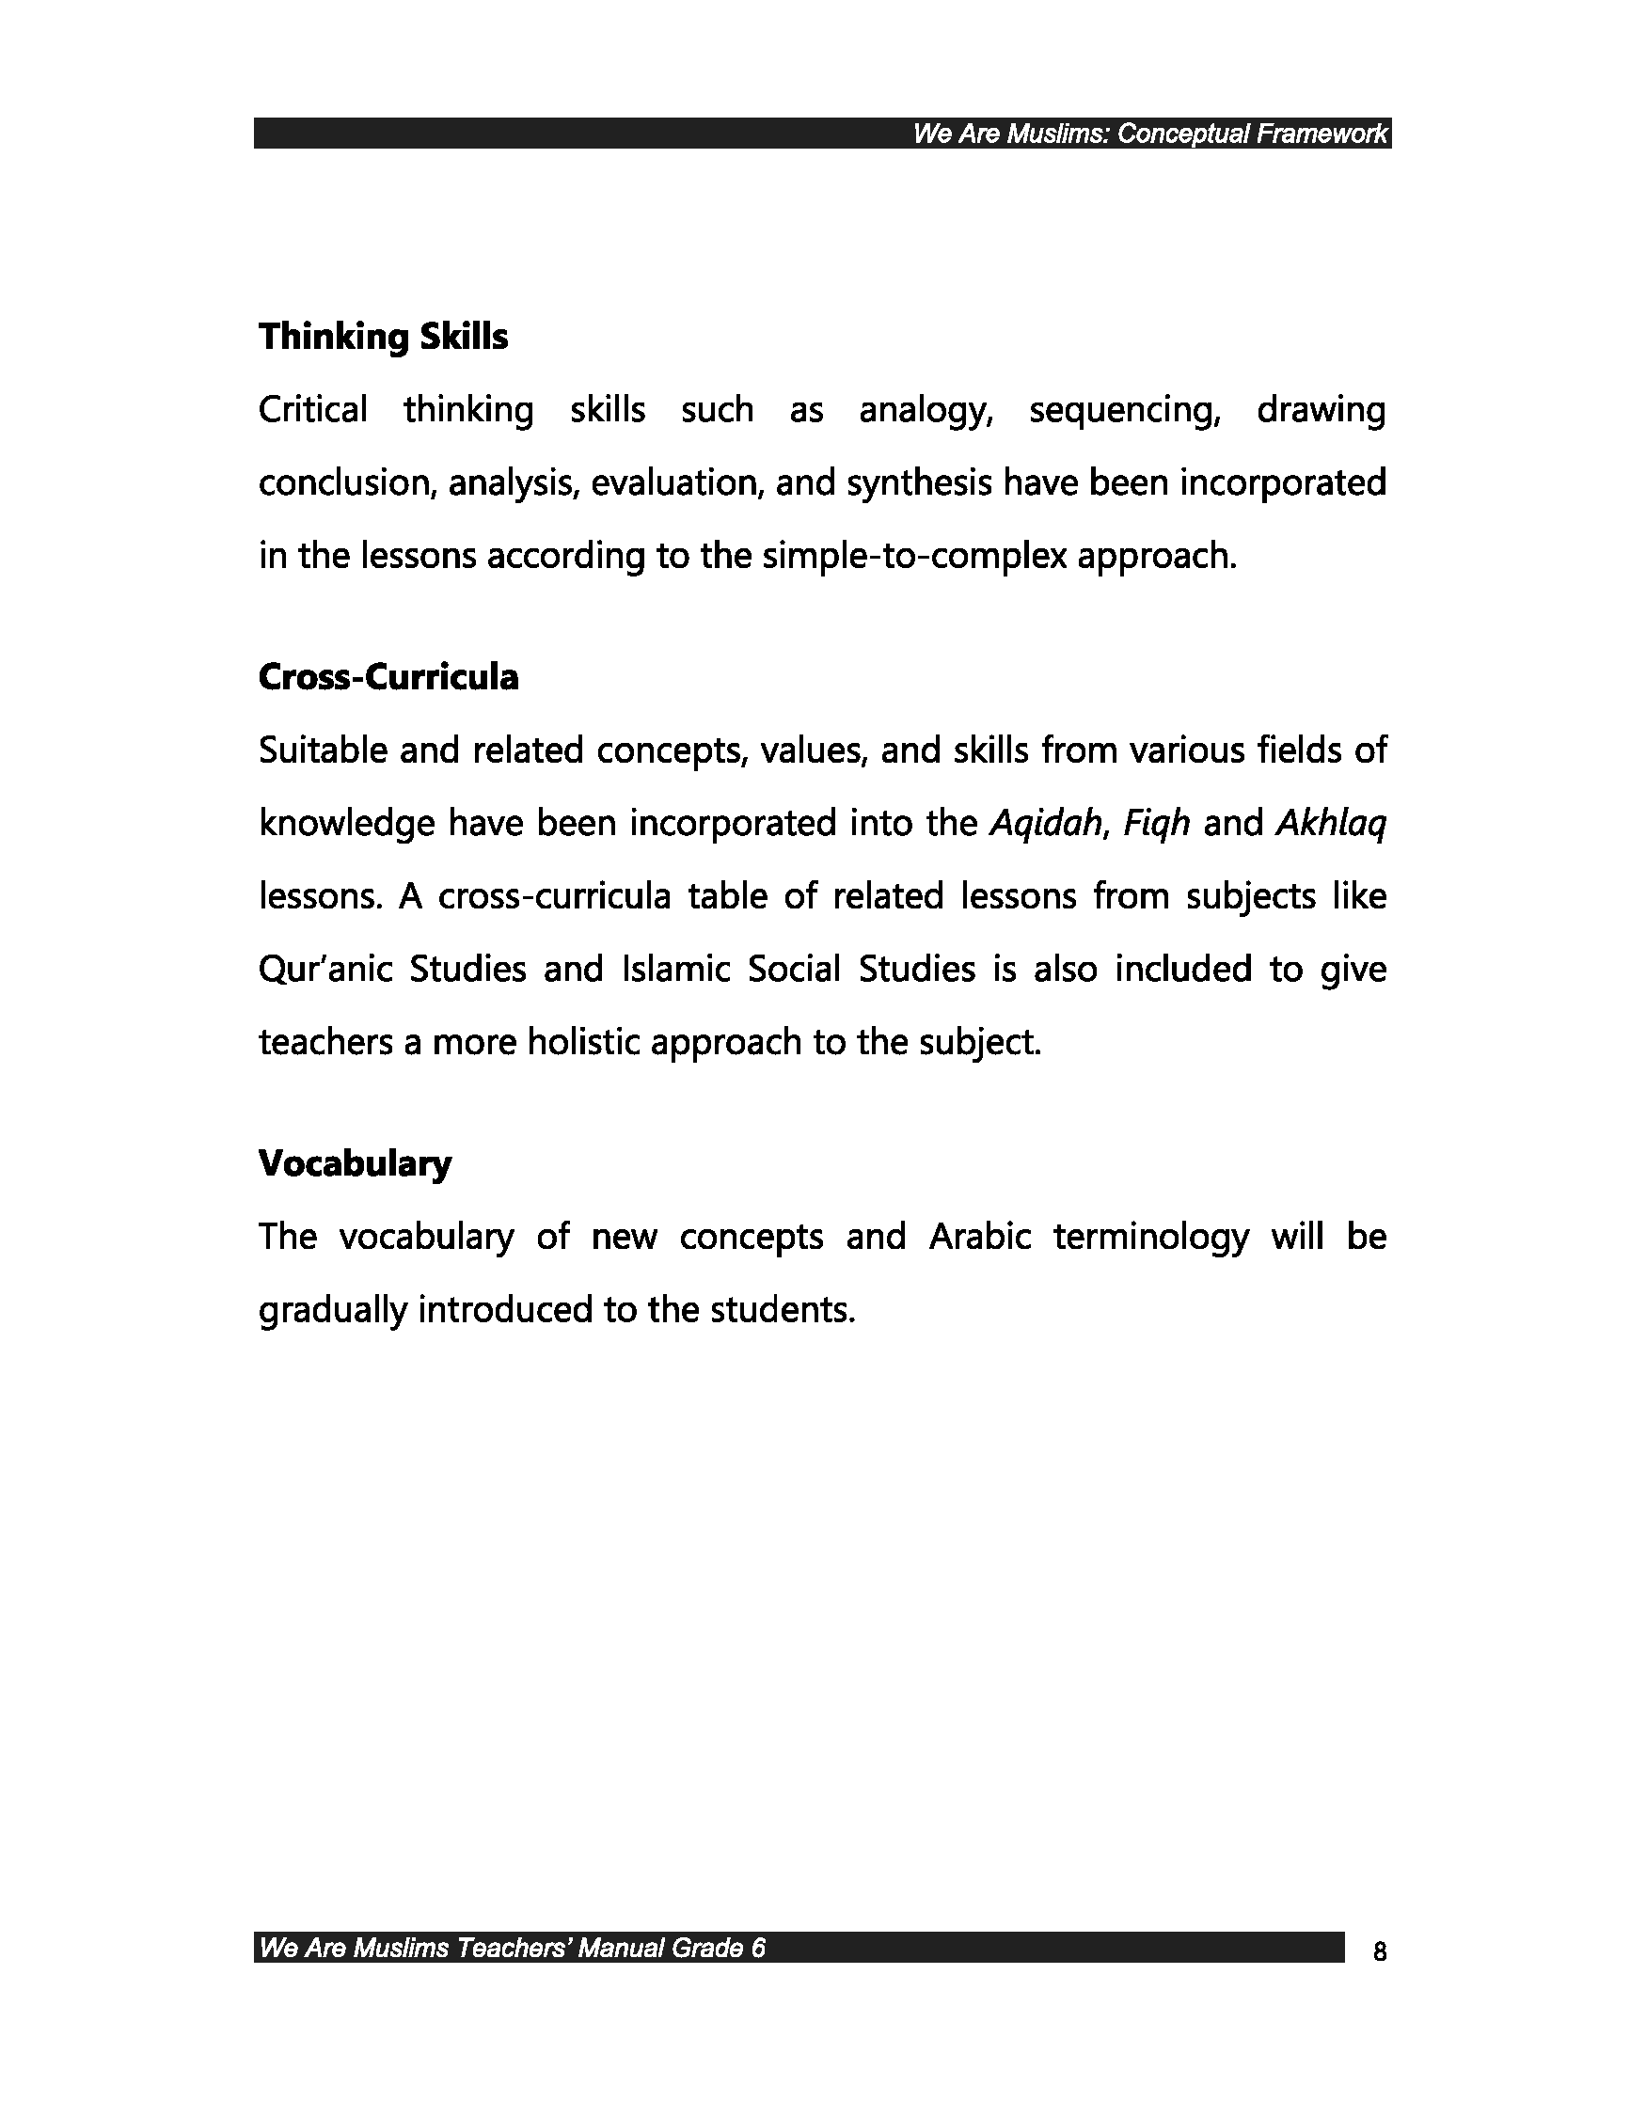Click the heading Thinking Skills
coord(383,338)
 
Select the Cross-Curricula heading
coord(388,677)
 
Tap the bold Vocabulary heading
coord(355,1162)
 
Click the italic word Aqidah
coord(1046,824)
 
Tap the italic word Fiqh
coord(1156,824)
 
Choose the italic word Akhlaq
coord(1331,824)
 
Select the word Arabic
coord(979,1238)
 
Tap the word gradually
coord(332,1311)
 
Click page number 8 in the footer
coord(1380,1951)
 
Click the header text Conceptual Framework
coord(1252,134)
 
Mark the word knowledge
coord(346,824)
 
